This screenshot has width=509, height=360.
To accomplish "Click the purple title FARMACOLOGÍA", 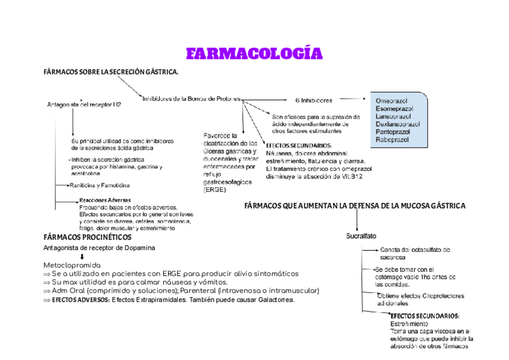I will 254,53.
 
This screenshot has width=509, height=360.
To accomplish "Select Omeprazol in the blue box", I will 391,101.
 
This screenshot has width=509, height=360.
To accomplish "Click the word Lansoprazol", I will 393,116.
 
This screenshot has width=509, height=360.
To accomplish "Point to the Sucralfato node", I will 361,236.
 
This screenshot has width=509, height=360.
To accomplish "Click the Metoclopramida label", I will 72,265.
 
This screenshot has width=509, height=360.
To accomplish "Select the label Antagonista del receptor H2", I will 84,104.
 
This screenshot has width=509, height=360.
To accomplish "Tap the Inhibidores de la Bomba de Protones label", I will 191,98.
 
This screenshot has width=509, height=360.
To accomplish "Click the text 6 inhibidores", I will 313,100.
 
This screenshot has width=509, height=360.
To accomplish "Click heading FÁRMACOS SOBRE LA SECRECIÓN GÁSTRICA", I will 111,72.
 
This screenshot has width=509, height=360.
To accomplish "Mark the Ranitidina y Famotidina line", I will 100,185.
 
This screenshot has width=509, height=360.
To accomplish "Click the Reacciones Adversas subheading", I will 105,200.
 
